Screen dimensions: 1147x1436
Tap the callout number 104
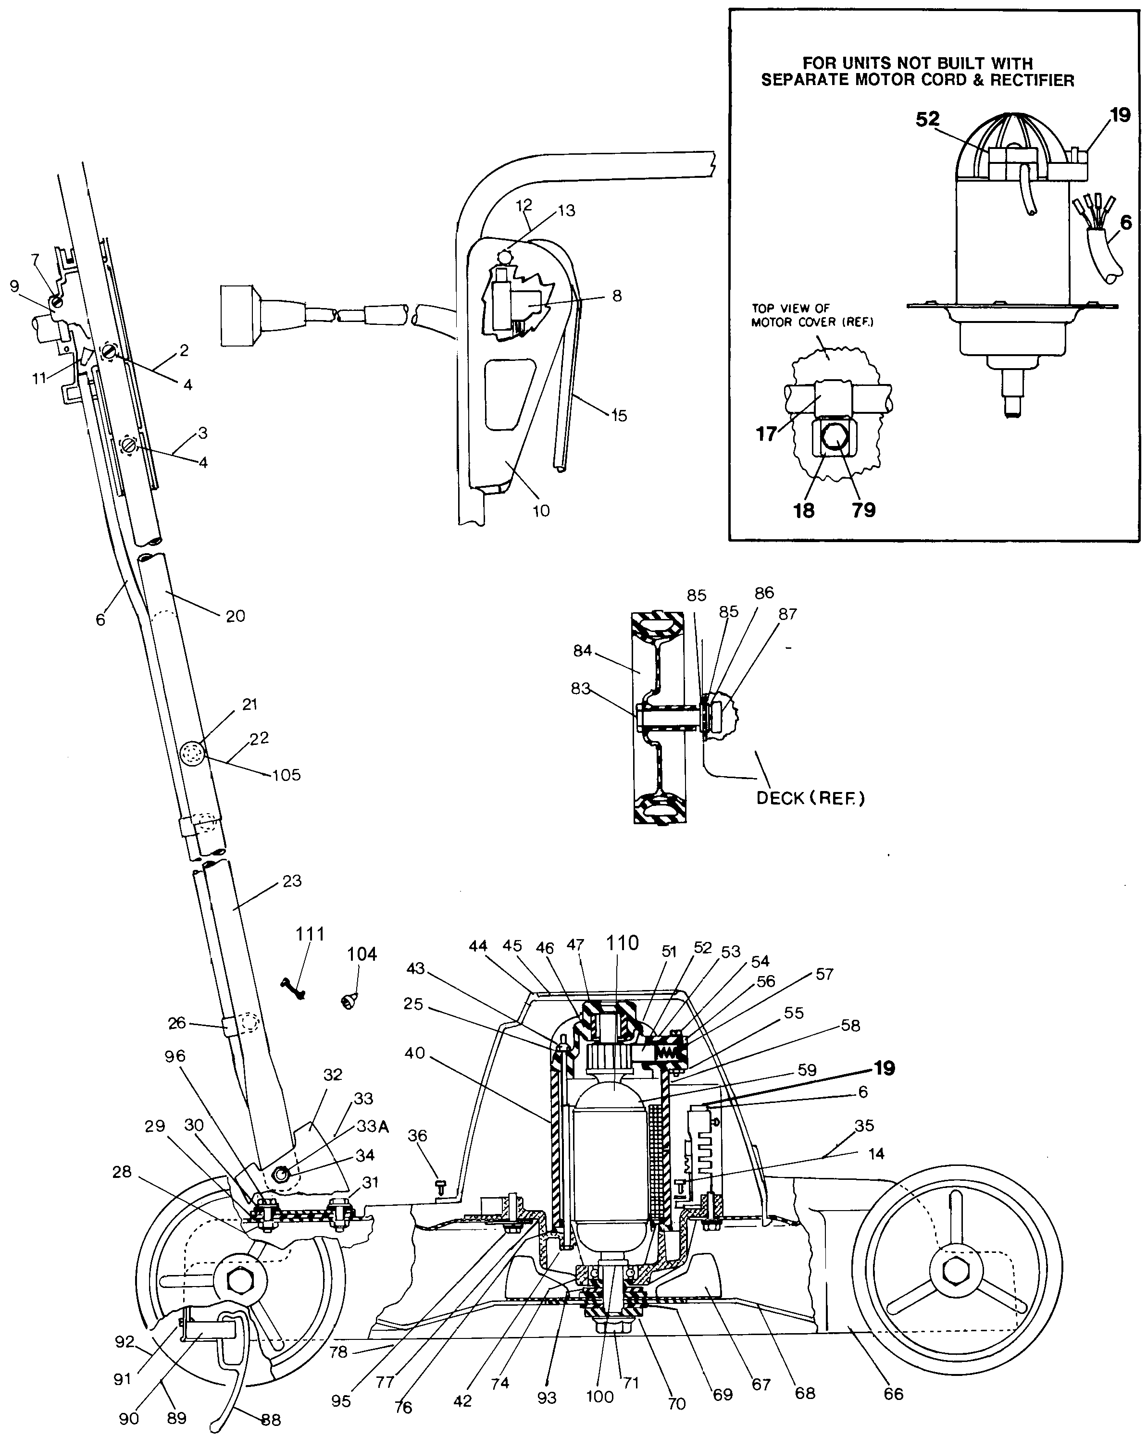(362, 954)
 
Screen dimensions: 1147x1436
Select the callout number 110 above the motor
(622, 942)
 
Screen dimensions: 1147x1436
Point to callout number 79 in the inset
(863, 510)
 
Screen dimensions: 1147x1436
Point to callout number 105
(287, 775)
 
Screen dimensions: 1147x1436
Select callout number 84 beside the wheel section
(582, 650)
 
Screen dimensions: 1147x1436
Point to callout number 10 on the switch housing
(541, 511)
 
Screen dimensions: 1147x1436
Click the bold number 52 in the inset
(927, 119)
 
